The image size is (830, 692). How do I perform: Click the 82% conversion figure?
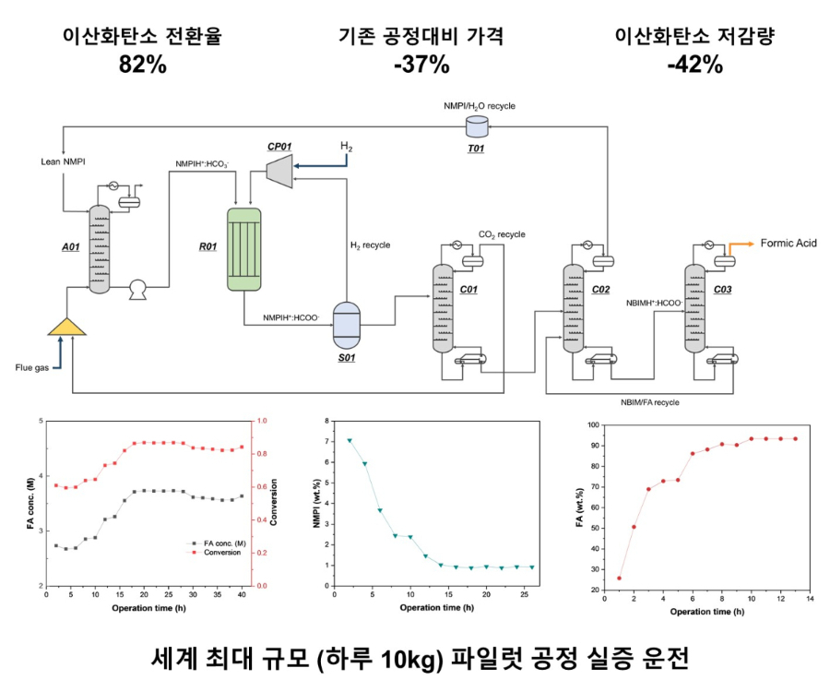[x=142, y=65]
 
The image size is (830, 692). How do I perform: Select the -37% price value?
[x=421, y=65]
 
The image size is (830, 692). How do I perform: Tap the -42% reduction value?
[x=695, y=65]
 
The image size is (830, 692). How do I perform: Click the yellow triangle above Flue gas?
[x=66, y=327]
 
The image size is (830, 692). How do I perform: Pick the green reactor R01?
[x=244, y=249]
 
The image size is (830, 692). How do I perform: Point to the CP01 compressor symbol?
[x=279, y=171]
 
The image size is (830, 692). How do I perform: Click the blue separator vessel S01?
[x=346, y=325]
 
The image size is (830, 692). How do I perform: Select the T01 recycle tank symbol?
[x=477, y=126]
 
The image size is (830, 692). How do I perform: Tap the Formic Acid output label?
[x=788, y=243]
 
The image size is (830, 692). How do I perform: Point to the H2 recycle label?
[x=370, y=245]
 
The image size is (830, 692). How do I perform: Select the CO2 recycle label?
[x=502, y=234]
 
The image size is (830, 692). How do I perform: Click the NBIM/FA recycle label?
[x=649, y=402]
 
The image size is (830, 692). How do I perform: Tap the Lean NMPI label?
[x=63, y=161]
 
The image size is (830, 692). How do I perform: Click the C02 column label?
[x=600, y=289]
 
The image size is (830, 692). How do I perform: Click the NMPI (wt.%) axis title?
[x=317, y=504]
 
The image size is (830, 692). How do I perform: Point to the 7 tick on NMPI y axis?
[x=326, y=442]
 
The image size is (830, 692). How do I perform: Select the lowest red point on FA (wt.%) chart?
[x=619, y=579]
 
